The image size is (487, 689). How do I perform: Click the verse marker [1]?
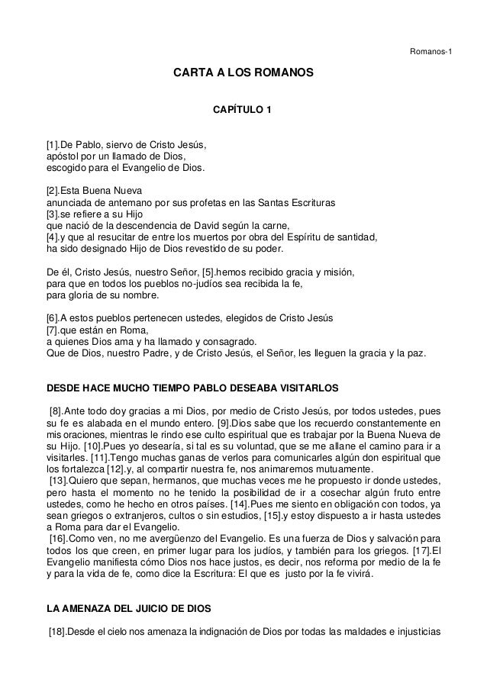pyautogui.click(x=54, y=144)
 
